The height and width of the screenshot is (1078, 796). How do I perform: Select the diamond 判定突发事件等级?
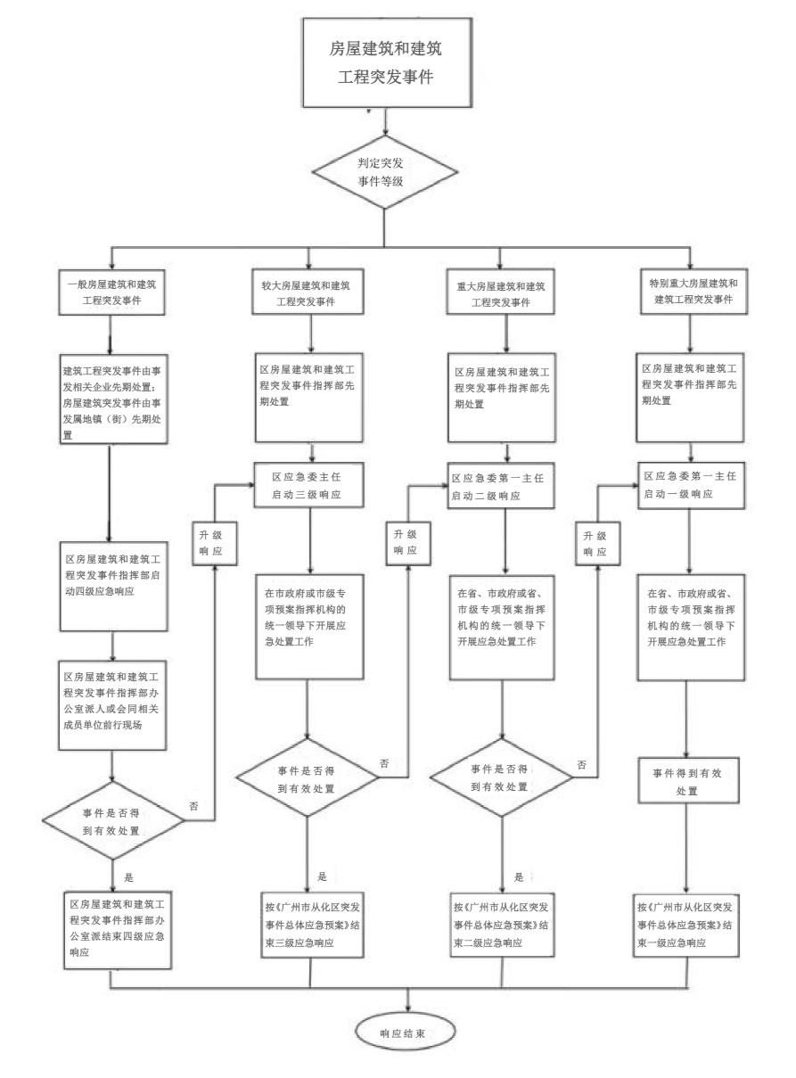click(x=385, y=170)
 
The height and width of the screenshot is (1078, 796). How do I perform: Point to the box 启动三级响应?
click(x=308, y=484)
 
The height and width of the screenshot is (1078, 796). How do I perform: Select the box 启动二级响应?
click(x=505, y=484)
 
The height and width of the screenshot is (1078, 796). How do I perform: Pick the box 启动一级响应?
click(x=693, y=484)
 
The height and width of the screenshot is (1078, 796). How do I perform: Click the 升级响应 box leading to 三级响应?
click(x=212, y=543)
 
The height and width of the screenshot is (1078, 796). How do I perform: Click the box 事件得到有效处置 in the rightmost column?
click(x=686, y=782)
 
